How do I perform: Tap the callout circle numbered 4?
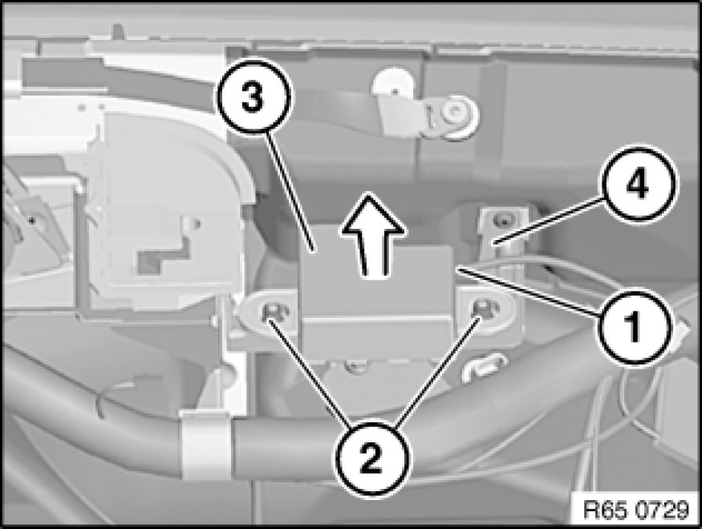(x=639, y=183)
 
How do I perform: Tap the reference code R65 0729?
(x=635, y=510)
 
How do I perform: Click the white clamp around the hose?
(x=206, y=446)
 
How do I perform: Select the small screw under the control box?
(x=355, y=366)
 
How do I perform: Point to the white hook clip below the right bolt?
(x=484, y=364)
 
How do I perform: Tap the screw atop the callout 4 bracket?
(x=503, y=219)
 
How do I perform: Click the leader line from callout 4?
(x=547, y=221)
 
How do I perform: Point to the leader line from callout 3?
(x=290, y=191)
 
